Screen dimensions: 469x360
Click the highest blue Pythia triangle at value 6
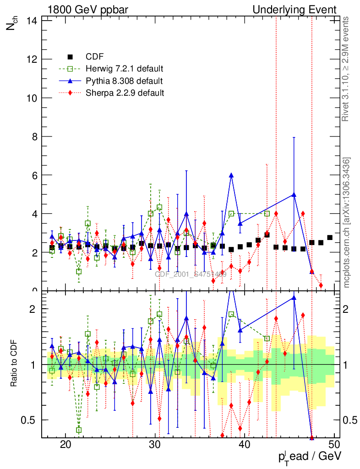tap(231, 175)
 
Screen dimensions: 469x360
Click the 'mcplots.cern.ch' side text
tap(347, 223)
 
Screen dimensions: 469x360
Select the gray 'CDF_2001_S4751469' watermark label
tap(191, 274)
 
